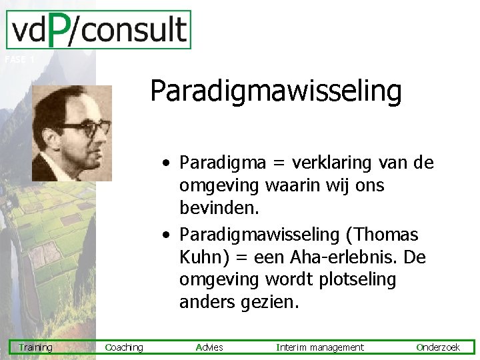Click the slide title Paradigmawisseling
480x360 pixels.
(275, 91)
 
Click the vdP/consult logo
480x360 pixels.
(98, 30)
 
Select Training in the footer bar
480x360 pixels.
(35, 347)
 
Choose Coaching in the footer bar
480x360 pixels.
(124, 347)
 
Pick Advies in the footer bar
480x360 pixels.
(209, 347)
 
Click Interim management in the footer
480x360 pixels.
(320, 347)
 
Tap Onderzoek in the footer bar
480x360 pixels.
(438, 347)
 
